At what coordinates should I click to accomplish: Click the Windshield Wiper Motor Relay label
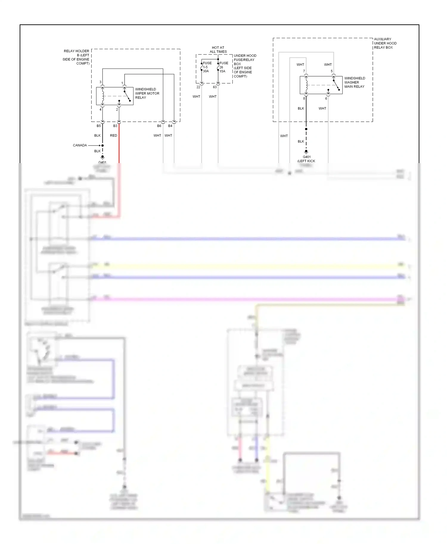(147, 93)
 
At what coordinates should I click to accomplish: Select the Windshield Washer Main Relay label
(354, 82)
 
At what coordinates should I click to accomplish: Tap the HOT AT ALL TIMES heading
(218, 50)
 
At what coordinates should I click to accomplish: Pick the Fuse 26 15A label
(223, 67)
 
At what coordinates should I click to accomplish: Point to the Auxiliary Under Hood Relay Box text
(385, 43)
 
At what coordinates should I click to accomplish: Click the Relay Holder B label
(76, 57)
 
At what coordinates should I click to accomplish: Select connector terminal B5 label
(99, 126)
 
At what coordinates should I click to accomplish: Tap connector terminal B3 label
(115, 126)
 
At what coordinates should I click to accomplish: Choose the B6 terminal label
(159, 126)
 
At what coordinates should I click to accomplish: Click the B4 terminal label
(170, 126)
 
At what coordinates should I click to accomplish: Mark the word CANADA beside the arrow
(80, 146)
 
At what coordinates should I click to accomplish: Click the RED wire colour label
(114, 135)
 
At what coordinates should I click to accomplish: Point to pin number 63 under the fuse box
(215, 87)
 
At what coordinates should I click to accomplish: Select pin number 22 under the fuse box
(198, 87)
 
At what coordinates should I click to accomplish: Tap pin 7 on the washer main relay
(304, 71)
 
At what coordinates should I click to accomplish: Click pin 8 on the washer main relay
(304, 99)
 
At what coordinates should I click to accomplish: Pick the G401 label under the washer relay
(307, 157)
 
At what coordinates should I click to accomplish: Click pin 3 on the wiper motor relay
(100, 82)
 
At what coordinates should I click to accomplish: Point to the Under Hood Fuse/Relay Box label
(245, 66)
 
